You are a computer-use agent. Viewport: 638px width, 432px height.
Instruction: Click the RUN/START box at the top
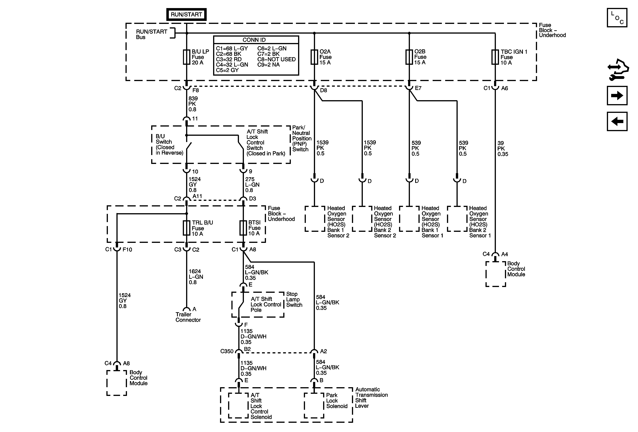tap(186, 14)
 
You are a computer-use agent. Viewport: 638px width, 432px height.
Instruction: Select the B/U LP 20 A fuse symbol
tap(187, 57)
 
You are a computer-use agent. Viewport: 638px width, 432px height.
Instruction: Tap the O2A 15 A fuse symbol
tap(314, 57)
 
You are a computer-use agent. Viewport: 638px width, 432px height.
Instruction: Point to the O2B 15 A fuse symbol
tap(409, 57)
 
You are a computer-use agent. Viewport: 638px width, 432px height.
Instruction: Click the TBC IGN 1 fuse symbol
tap(495, 57)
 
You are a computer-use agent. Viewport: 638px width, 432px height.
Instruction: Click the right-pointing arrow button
tap(617, 96)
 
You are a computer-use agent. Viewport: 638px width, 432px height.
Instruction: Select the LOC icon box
tap(617, 18)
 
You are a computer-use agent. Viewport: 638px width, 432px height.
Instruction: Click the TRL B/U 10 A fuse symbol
tap(187, 228)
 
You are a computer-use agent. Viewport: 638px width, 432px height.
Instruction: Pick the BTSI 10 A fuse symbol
tap(243, 228)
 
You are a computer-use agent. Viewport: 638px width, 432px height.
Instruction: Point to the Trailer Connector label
tap(188, 317)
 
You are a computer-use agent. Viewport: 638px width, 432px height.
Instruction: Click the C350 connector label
tap(227, 351)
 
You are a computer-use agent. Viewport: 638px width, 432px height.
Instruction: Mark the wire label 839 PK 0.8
tap(193, 104)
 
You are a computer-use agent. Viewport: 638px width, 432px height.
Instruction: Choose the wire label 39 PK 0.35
tap(503, 149)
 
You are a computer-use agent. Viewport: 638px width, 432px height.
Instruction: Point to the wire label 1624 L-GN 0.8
tap(196, 277)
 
